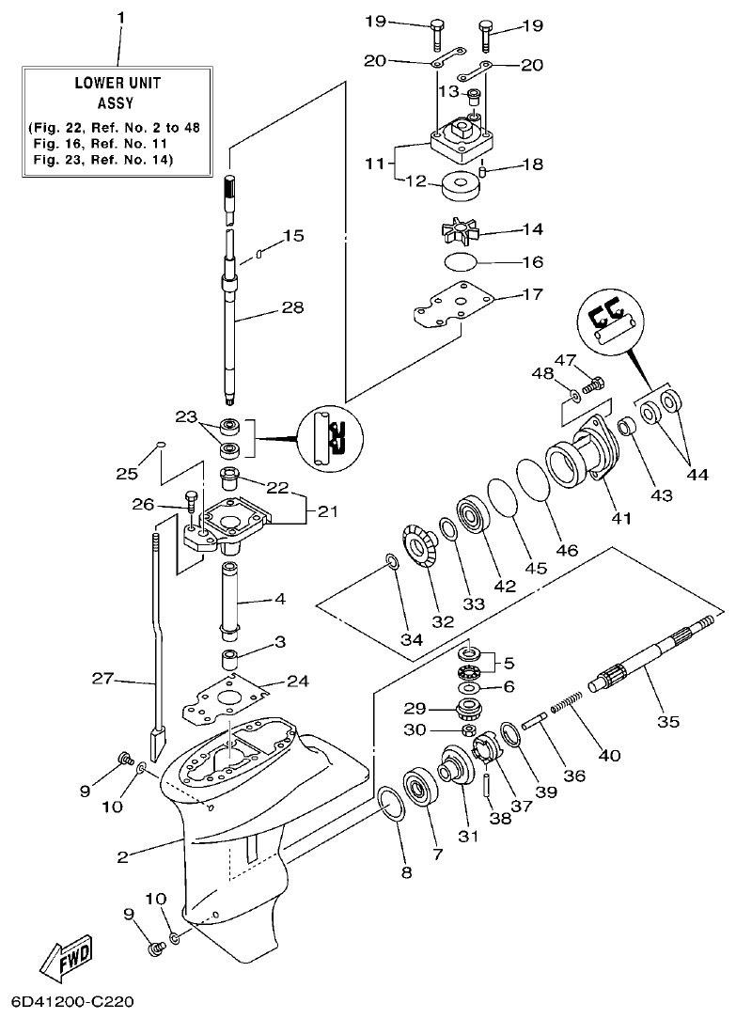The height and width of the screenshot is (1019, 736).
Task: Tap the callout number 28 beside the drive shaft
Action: pyautogui.click(x=292, y=307)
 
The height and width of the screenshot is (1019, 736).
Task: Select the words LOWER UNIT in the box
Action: pyautogui.click(x=117, y=83)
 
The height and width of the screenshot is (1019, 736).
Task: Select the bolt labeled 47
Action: pyautogui.click(x=594, y=384)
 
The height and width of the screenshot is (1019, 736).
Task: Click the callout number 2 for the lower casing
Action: pyautogui.click(x=122, y=855)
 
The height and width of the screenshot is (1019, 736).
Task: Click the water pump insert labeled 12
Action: pyautogui.click(x=460, y=185)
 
